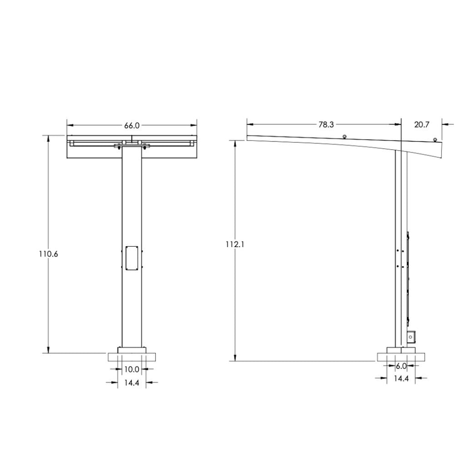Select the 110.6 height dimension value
48,254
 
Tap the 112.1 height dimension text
235,244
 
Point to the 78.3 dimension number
326,124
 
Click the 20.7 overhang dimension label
421,124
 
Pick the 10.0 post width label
131,369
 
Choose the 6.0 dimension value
401,366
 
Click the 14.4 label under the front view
131,383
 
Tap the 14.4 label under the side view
401,378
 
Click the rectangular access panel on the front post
132,258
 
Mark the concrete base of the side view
400,357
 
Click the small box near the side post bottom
411,337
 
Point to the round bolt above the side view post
435,139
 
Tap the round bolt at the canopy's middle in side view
344,136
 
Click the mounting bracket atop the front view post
132,146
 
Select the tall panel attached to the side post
408,278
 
